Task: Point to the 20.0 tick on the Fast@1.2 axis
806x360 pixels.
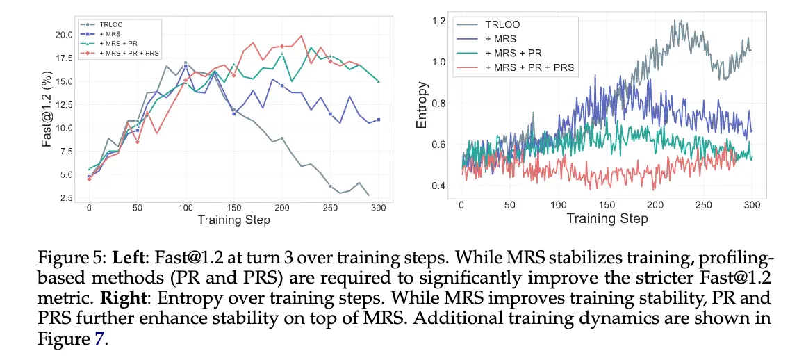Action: (64, 35)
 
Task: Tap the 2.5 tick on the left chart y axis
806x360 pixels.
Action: (66, 198)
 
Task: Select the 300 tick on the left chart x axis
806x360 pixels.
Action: (378, 208)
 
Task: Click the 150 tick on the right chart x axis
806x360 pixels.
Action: (607, 206)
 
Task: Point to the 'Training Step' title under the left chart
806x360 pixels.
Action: (233, 220)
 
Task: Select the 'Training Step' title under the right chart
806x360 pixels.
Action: (607, 218)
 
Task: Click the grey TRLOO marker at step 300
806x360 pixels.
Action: (368, 195)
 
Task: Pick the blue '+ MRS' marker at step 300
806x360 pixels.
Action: (378, 120)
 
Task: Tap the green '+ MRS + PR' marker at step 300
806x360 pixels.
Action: (378, 81)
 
